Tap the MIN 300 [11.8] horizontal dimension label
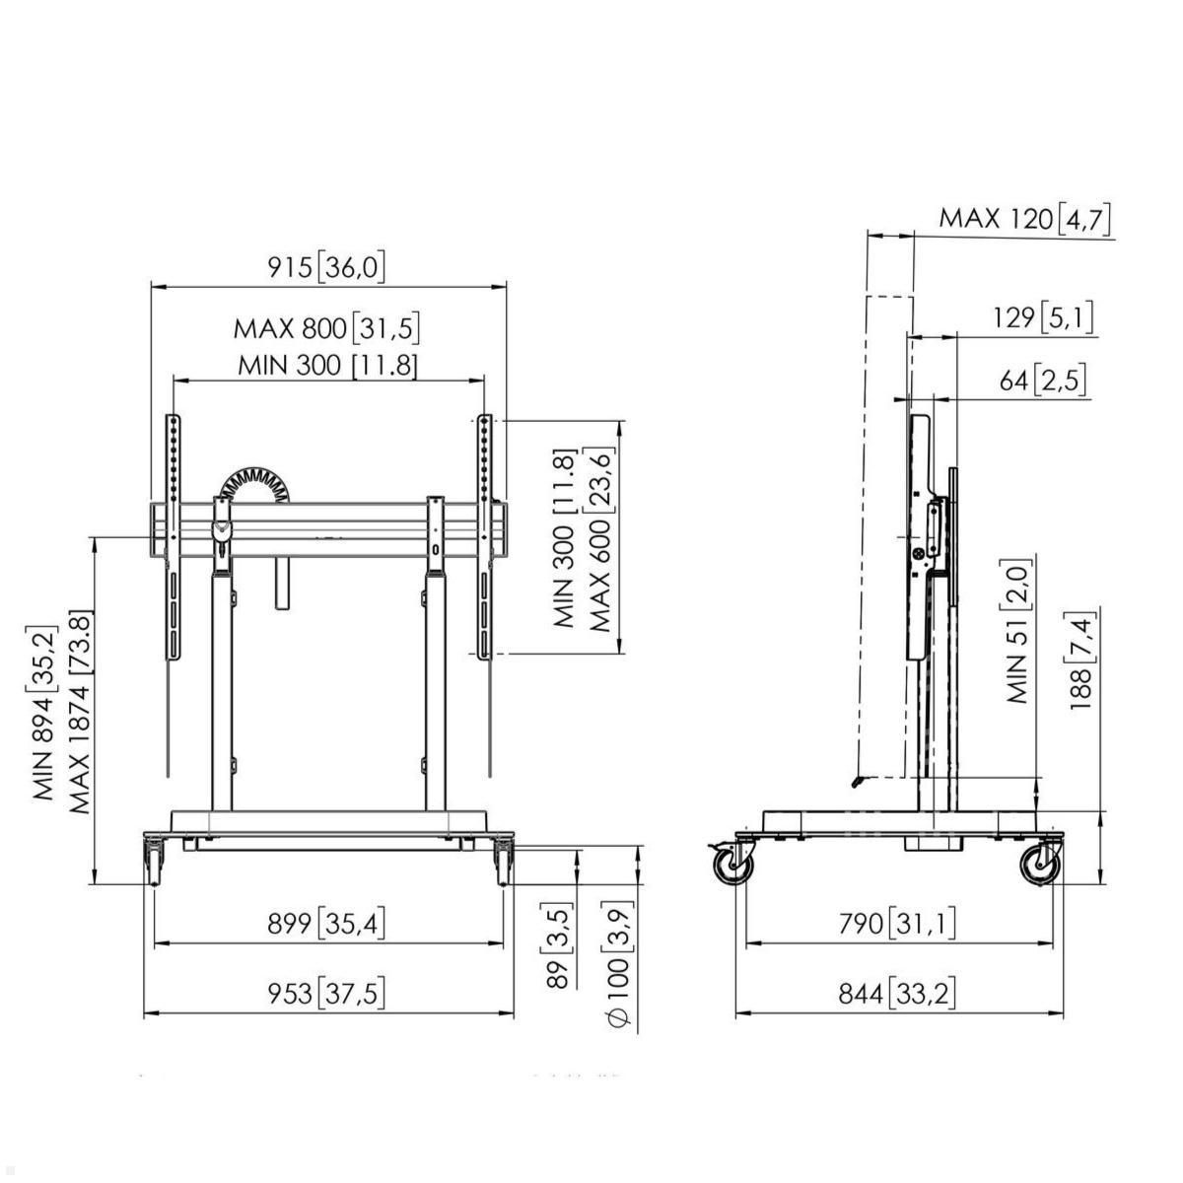(x=327, y=365)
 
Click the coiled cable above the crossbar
(x=254, y=484)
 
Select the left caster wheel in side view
(x=733, y=866)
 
